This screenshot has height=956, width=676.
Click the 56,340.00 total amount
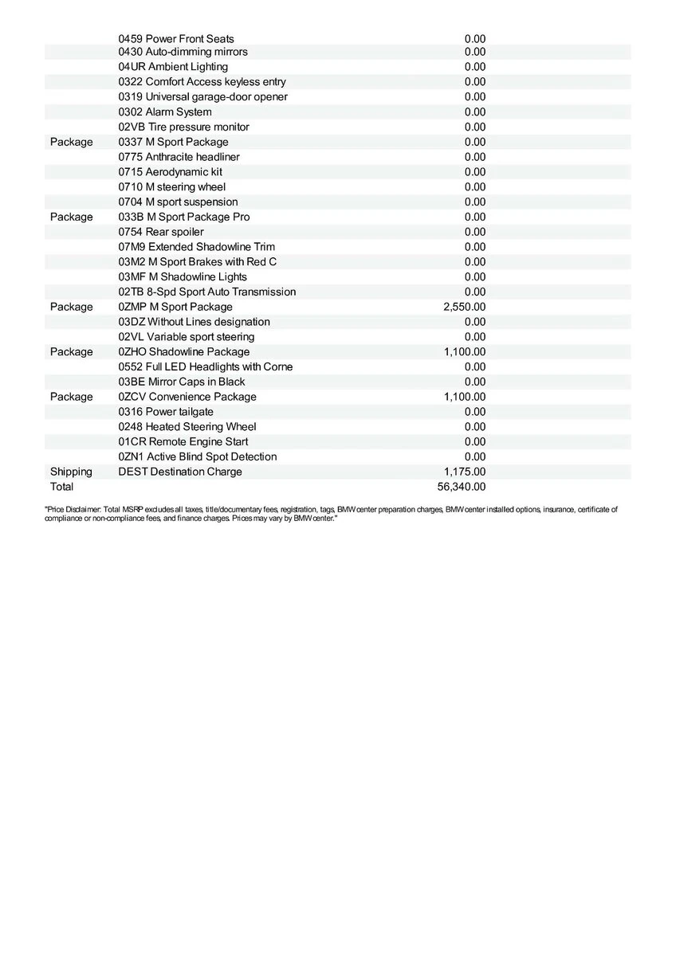(x=465, y=487)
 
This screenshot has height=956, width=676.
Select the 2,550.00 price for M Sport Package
(x=465, y=307)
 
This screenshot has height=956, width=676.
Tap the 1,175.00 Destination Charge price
(x=465, y=472)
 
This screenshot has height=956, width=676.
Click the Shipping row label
(x=71, y=472)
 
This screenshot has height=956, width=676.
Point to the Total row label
(x=61, y=487)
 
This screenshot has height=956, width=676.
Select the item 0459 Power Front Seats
(x=176, y=38)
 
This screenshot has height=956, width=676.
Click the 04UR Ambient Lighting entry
(x=173, y=67)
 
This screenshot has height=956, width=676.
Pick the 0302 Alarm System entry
(x=165, y=112)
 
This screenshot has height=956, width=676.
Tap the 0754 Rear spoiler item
(x=161, y=232)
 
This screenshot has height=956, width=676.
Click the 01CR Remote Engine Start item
(x=183, y=441)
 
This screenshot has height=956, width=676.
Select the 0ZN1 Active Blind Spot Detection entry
(x=198, y=456)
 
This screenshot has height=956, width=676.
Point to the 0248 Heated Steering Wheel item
(x=187, y=427)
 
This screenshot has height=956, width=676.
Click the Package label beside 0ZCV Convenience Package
(x=71, y=397)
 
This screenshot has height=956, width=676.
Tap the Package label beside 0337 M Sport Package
(x=71, y=142)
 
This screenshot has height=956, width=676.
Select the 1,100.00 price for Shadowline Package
(x=465, y=351)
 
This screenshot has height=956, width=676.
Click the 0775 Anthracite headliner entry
(x=179, y=157)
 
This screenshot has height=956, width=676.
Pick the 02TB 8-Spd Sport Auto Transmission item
(x=207, y=292)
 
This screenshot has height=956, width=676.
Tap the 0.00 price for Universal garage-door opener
(x=475, y=97)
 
